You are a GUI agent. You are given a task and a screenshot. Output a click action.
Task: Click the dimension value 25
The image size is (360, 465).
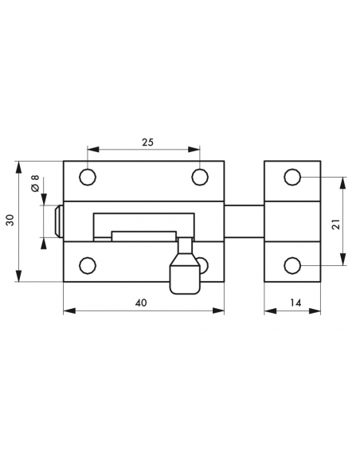(147, 143)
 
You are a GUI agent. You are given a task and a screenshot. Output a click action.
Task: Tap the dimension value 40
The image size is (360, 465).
(141, 303)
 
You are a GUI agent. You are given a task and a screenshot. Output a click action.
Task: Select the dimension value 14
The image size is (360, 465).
(295, 303)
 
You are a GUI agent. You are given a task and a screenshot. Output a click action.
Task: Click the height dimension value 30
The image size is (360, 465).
(10, 220)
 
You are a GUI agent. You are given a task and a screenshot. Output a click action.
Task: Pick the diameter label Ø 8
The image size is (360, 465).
(35, 183)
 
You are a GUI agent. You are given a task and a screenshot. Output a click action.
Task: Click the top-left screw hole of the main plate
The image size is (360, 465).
(88, 177)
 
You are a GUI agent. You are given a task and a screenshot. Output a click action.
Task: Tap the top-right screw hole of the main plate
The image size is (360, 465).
(200, 177)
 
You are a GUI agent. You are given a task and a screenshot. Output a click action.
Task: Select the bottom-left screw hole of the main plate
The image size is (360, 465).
(88, 265)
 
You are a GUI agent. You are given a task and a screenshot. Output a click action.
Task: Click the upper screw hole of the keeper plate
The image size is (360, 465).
(292, 177)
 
